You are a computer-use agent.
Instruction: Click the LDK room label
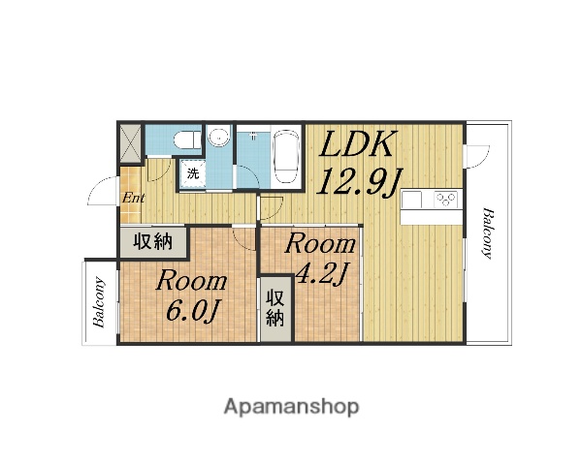356,144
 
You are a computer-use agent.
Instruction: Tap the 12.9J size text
359,182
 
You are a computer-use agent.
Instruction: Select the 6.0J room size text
192,310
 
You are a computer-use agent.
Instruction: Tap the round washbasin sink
219,138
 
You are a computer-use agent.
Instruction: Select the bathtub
286,155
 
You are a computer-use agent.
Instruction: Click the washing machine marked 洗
192,174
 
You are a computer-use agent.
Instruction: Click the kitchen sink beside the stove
412,200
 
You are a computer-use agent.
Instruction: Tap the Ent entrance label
133,198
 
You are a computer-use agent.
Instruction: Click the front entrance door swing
105,191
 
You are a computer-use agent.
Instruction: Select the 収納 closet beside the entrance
153,242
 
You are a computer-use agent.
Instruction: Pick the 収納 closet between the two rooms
275,308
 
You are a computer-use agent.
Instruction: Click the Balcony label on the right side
488,233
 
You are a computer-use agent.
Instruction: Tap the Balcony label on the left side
99,302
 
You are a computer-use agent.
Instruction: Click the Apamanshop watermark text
291,407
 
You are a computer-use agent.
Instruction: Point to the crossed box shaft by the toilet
130,143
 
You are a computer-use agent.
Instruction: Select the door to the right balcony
476,157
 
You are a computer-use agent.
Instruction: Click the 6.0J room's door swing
243,238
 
